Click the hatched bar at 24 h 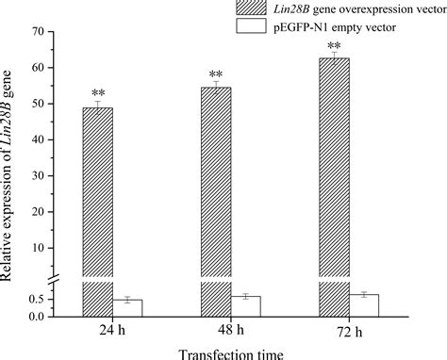[97, 188]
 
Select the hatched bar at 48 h [217, 188]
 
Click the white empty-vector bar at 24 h [127, 307]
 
